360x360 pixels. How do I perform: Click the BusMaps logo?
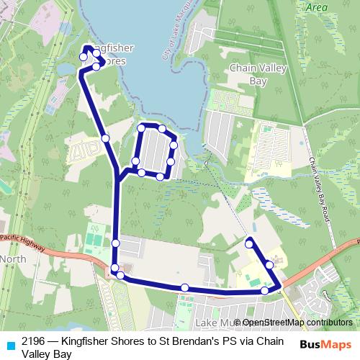[x=326, y=344]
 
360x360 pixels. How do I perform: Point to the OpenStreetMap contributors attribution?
[x=296, y=323]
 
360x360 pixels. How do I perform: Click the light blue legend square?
[x=9, y=342]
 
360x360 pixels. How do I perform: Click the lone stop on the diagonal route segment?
[x=105, y=138]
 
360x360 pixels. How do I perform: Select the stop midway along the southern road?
[x=185, y=288]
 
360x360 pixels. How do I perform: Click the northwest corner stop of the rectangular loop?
[x=143, y=128]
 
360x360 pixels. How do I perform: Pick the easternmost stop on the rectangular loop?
[x=174, y=144]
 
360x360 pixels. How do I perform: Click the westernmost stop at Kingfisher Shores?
[x=84, y=57]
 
